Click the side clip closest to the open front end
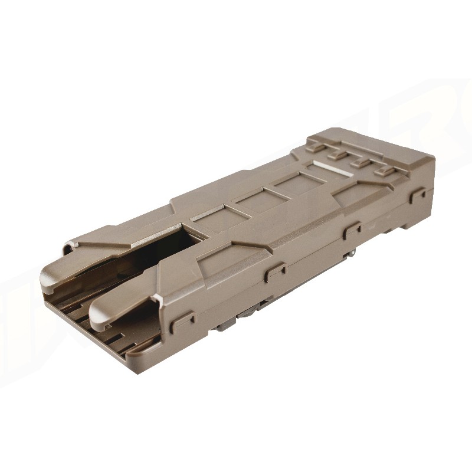[x=185, y=320]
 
